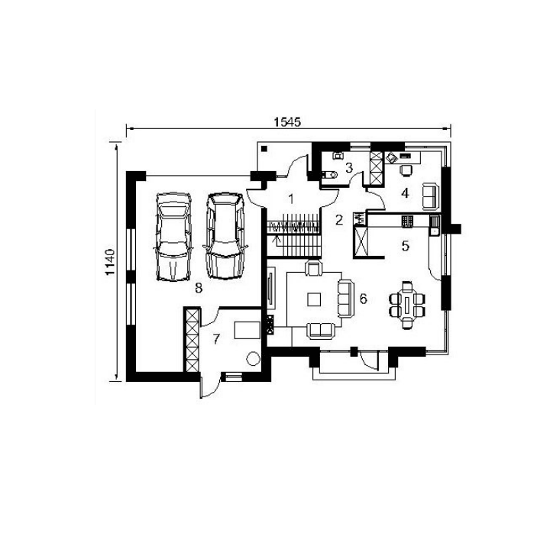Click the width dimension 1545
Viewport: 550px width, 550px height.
pos(287,121)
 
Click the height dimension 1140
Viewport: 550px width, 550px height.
pos(110,262)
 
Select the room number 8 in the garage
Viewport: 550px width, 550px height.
pos(199,288)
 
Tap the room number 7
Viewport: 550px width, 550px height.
pos(216,339)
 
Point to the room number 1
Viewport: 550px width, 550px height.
pos(291,199)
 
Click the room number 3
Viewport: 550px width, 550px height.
pos(348,167)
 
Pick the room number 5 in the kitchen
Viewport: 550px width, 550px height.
pos(405,246)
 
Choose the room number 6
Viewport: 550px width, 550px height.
pos(363,299)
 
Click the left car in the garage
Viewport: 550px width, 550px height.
pos(173,237)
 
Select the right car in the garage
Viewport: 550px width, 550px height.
pos(225,236)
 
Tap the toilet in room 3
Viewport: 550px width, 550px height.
pos(329,174)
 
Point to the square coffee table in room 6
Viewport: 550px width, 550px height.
pos(314,299)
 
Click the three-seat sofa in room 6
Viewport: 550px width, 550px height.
pos(345,299)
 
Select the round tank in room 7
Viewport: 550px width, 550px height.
pos(253,358)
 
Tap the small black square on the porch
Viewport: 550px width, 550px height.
pos(264,149)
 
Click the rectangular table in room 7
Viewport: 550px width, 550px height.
pos(247,330)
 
